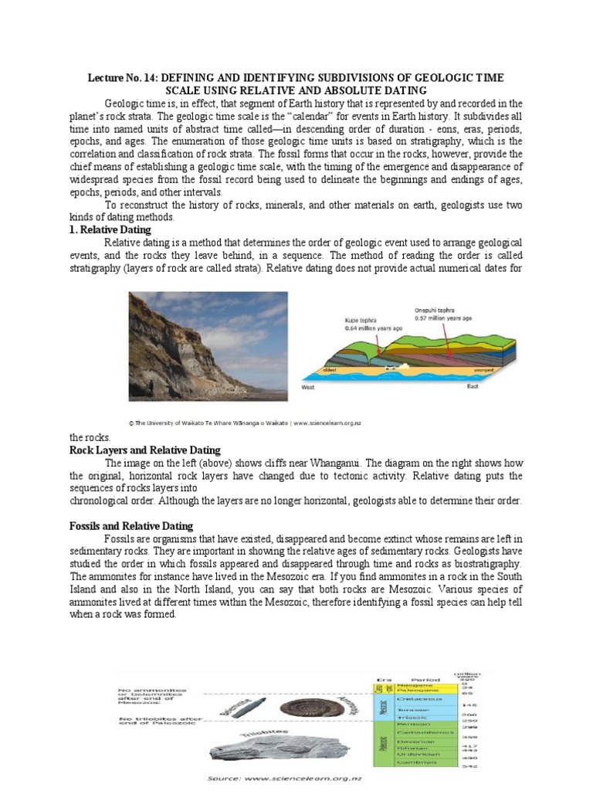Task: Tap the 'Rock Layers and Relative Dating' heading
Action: click(x=145, y=450)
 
